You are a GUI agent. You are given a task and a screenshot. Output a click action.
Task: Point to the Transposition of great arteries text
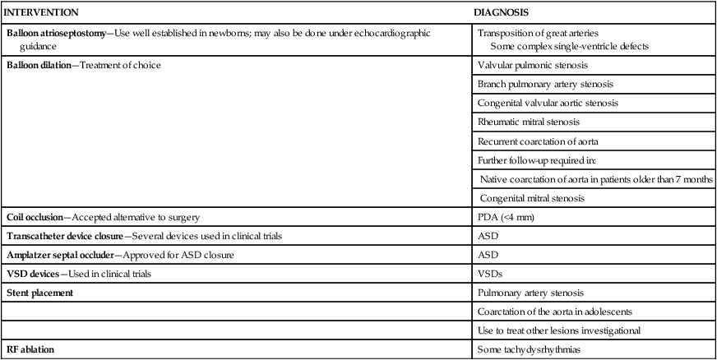530,33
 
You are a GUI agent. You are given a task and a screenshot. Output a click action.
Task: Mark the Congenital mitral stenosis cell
533,198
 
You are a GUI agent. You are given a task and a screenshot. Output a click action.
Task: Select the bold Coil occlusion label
36,217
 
